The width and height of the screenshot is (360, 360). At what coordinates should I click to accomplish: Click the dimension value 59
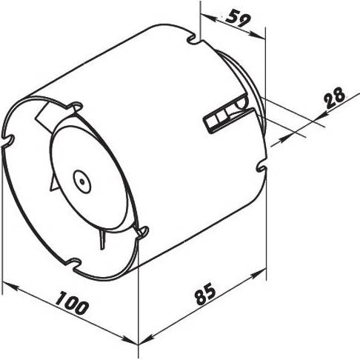(238, 19)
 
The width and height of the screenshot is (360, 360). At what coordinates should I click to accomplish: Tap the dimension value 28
(335, 98)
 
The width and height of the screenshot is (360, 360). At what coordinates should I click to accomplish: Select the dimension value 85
(205, 293)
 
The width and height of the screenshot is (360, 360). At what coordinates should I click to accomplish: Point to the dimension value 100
(71, 303)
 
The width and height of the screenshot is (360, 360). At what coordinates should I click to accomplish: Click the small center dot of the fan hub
(82, 182)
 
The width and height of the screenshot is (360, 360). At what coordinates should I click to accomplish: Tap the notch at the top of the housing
(193, 39)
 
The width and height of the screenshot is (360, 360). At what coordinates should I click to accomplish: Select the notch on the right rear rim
(261, 168)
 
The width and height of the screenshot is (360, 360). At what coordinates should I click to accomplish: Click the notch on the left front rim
(8, 140)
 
